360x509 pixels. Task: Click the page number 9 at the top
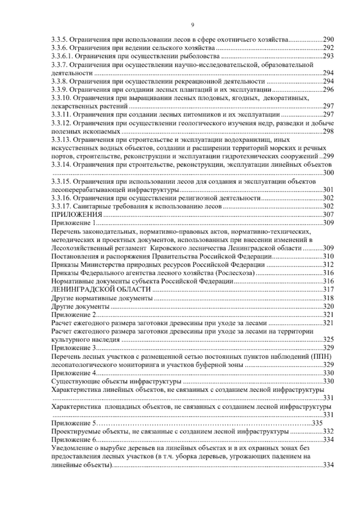(192, 25)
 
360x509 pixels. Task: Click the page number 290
(328, 39)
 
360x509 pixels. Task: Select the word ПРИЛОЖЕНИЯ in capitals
(77, 214)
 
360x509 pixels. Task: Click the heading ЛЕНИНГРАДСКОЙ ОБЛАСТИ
(101, 290)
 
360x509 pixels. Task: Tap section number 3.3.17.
(61, 206)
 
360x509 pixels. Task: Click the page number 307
(328, 215)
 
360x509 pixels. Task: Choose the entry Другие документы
(80, 306)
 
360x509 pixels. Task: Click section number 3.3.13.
(61, 140)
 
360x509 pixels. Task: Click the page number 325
(328, 340)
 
